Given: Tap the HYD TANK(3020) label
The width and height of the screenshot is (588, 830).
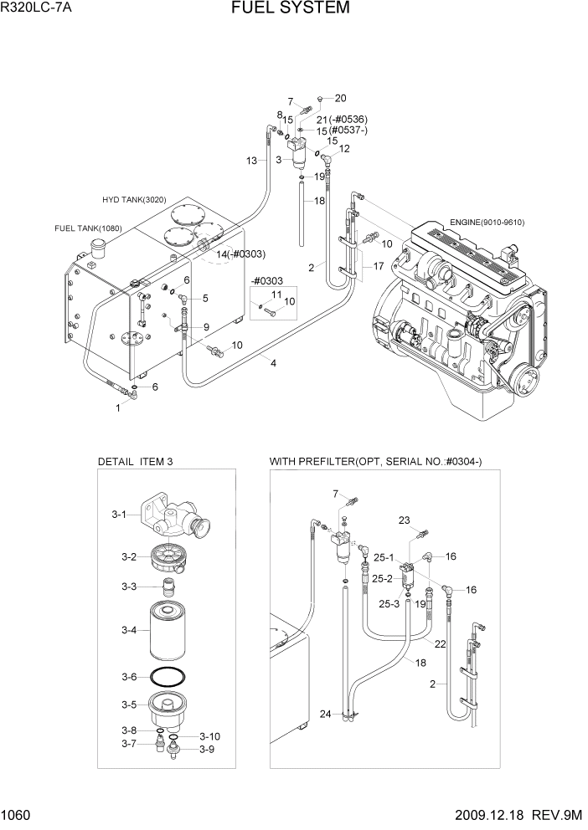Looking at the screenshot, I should click(135, 200).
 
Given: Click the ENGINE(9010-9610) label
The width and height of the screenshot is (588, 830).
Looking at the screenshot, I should click(487, 222).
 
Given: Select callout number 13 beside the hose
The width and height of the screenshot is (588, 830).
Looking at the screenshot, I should click(251, 161).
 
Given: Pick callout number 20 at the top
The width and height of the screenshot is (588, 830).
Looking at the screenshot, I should click(340, 98).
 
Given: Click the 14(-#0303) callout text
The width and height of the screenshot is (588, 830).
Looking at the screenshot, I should click(240, 254).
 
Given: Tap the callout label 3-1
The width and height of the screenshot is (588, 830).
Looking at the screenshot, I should click(119, 515).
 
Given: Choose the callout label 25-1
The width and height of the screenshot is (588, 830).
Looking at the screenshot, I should click(382, 558).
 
